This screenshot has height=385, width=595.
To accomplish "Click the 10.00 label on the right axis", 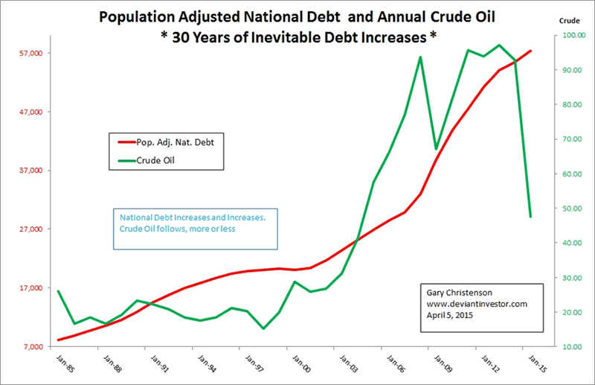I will click(571, 347).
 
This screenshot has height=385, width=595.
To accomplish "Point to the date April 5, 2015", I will click(450, 315).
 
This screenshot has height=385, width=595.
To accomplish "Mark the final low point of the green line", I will click(530, 217).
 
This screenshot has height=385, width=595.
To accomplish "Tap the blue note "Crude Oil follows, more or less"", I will click(183, 228).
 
